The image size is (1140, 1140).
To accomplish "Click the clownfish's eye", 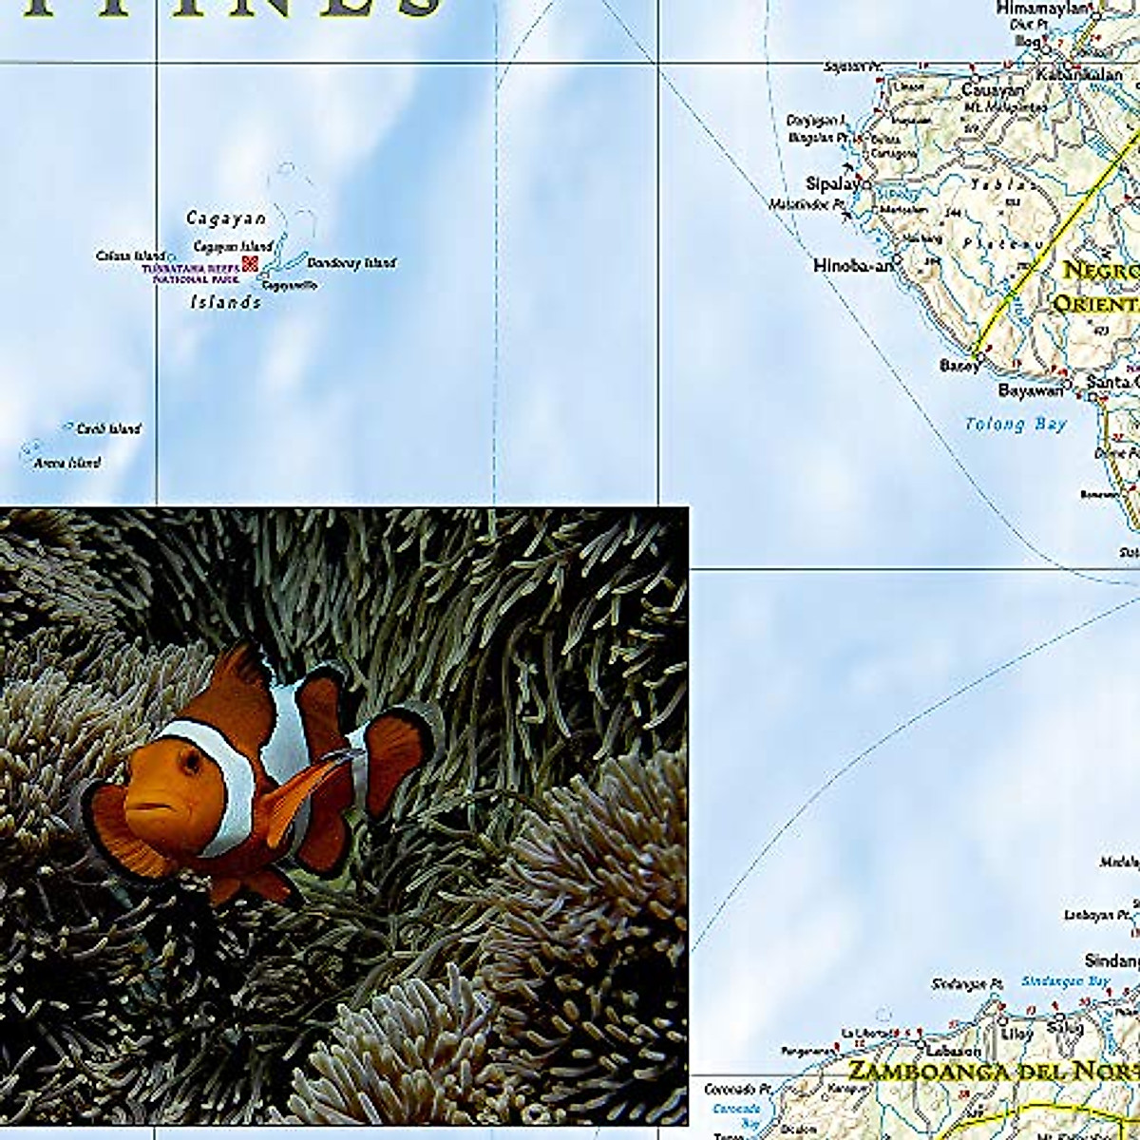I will pos(190,761).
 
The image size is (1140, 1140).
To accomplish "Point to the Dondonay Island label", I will pos(351,263).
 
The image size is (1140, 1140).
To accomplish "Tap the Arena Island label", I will pos(66,464).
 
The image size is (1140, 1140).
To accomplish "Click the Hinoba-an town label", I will pos(853,266).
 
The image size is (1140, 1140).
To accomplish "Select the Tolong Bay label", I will pos(1016,425).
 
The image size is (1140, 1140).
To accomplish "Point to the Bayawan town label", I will pos(1030,390).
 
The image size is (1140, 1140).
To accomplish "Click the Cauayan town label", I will pos(993,90).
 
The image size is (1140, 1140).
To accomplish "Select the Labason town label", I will pos(956,1051).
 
